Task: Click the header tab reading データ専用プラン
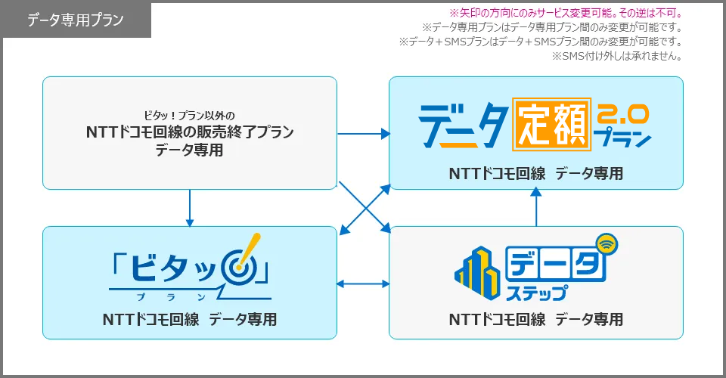[x=77, y=20]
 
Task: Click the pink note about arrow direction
[x=566, y=13]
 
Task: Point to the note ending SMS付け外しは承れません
[x=617, y=57]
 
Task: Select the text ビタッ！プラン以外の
[x=189, y=115]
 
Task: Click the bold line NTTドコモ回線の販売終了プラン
[x=190, y=132]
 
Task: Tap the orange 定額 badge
[x=551, y=124]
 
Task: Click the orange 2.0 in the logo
[x=622, y=114]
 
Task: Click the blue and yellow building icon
[x=478, y=272]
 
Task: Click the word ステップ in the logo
[x=536, y=293]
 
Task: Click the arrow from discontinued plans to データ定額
[x=364, y=134]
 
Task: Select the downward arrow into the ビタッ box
[x=189, y=208]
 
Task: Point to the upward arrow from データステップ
[x=535, y=207]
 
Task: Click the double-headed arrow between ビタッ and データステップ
[x=363, y=283]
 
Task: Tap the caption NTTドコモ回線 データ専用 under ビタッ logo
[x=190, y=319]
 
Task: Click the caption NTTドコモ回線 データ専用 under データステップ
[x=536, y=319]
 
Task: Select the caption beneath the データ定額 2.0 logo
[x=536, y=173]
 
